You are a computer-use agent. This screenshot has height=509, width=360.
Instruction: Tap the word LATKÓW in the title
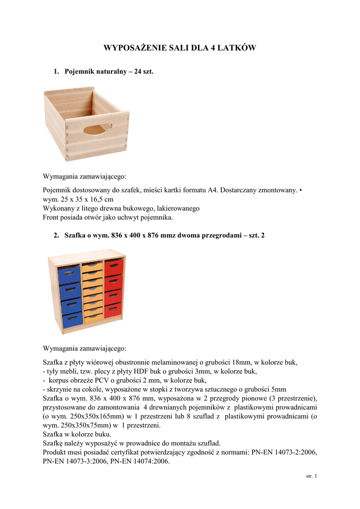click(238, 48)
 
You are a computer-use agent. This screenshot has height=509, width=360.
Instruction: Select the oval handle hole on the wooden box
click(97, 130)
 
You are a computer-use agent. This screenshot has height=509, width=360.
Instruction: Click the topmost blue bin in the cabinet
click(70, 274)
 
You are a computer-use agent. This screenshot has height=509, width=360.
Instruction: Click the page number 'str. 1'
click(311, 476)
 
